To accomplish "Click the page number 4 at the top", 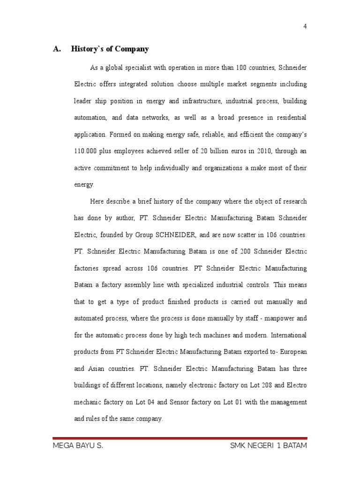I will click(x=305, y=26).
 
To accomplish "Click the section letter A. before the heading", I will click(x=57, y=49).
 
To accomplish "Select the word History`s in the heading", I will click(x=85, y=49).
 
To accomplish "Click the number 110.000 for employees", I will click(x=86, y=151).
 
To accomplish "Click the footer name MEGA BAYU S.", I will click(x=78, y=446).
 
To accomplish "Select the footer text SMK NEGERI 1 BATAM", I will click(x=269, y=446).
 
